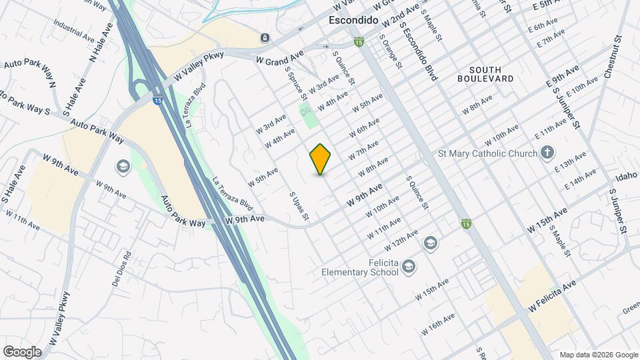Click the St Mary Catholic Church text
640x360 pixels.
pyautogui.click(x=487, y=154)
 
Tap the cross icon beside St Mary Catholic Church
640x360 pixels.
pyautogui.click(x=547, y=153)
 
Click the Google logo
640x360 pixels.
pyautogui.click(x=22, y=351)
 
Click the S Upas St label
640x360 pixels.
pyautogui.click(x=299, y=206)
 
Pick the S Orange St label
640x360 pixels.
pyautogui.click(x=391, y=52)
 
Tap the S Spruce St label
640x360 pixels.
pyautogui.click(x=295, y=84)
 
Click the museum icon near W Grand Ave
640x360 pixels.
pyautogui.click(x=265, y=37)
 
